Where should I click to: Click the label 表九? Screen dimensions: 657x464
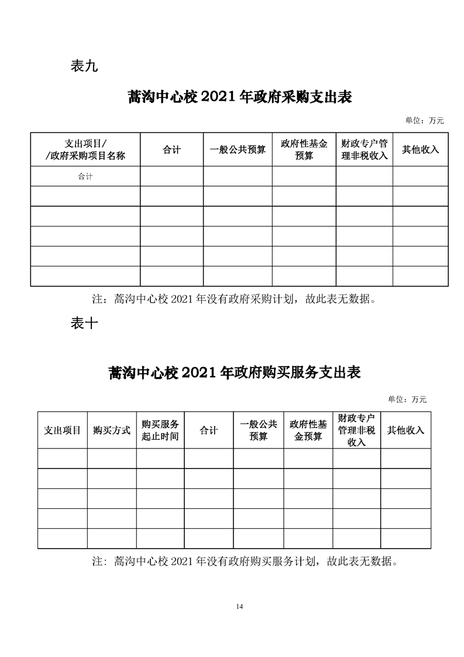[x=84, y=66]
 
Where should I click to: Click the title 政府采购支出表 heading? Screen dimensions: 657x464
[x=239, y=97]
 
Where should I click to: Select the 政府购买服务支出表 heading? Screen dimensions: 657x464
[x=234, y=372]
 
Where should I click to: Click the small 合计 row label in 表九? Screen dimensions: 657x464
[x=85, y=176]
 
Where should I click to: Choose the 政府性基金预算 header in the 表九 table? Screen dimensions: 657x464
[x=304, y=150]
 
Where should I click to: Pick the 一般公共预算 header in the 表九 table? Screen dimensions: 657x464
[x=238, y=150]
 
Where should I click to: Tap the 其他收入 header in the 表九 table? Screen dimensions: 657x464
[x=420, y=150]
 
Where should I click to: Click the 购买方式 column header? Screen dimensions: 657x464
[x=112, y=430]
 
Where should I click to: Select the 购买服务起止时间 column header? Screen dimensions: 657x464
[x=160, y=430]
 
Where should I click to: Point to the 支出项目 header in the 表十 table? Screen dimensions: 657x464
[x=63, y=430]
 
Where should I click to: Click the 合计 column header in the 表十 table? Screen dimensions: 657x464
[x=208, y=430]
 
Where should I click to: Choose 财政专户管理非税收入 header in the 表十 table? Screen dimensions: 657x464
[x=356, y=430]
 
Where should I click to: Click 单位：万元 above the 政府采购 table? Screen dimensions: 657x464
[x=424, y=121]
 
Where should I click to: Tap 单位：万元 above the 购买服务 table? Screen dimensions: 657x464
[x=407, y=399]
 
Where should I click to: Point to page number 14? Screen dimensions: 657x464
[x=239, y=606]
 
